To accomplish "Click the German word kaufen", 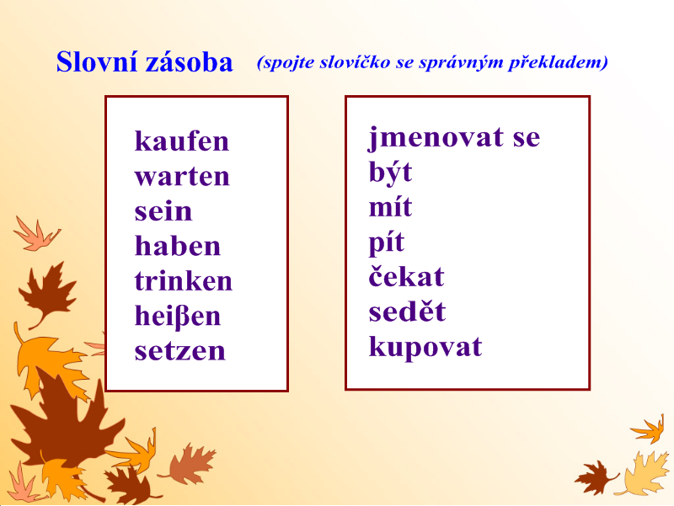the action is (182, 141).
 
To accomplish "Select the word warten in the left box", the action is (182, 176).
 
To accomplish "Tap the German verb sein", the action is (163, 211).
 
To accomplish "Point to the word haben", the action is (178, 246).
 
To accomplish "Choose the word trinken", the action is (183, 281).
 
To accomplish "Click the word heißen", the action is (178, 317).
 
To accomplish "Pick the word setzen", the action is (179, 351).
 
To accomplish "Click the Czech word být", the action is (390, 173).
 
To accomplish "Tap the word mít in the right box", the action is (390, 206).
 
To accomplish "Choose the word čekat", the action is (406, 276).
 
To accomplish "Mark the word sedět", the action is (407, 311).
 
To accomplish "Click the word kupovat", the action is (425, 347).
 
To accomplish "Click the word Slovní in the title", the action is (97, 61).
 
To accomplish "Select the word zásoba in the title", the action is (189, 62).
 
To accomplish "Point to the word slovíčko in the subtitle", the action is (355, 62).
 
